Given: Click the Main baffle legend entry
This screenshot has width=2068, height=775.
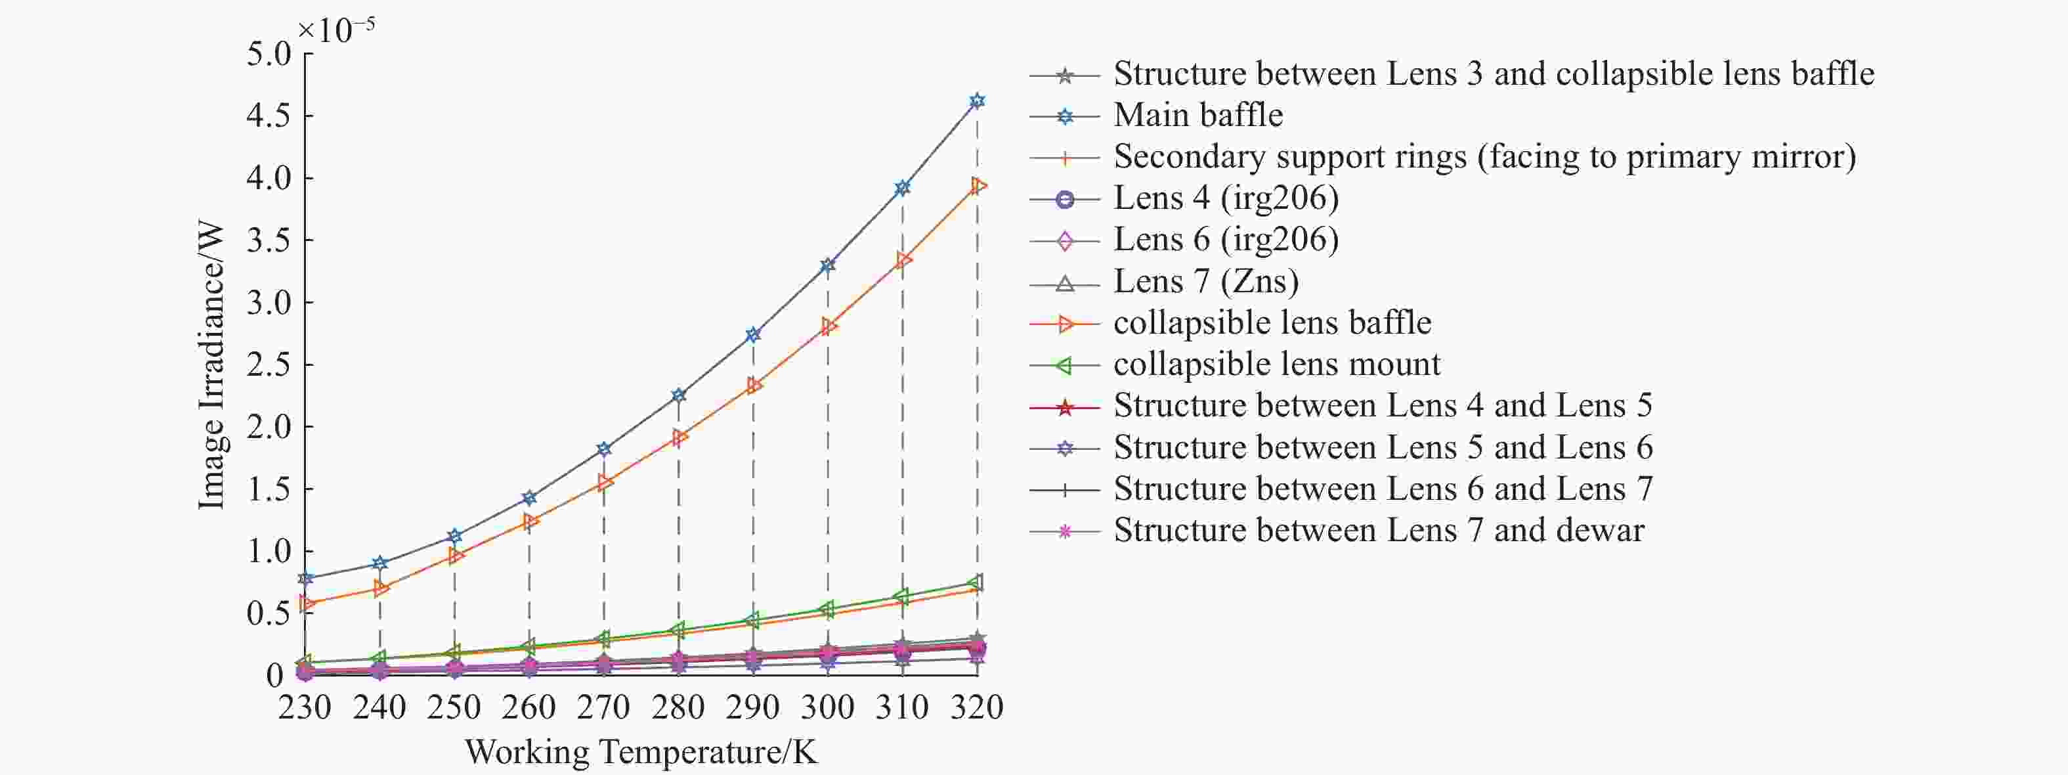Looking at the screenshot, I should (1197, 116).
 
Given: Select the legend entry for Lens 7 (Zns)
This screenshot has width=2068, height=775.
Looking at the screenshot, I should (1206, 282).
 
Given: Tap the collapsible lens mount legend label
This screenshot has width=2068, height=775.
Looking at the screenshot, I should (1276, 365).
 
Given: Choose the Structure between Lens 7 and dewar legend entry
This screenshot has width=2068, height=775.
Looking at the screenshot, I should (1379, 531).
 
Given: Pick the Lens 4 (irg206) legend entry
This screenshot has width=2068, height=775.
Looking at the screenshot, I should (1226, 198).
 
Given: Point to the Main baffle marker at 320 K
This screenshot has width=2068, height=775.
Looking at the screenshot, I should (977, 101).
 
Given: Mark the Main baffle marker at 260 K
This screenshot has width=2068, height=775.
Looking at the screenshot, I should (529, 498).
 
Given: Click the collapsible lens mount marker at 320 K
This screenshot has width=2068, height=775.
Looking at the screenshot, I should (976, 583).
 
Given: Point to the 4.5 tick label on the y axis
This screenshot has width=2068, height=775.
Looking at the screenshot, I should (268, 116).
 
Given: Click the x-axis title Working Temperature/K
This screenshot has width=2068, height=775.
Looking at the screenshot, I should (641, 753).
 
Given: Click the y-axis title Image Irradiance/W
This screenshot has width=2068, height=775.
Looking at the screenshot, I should (211, 365).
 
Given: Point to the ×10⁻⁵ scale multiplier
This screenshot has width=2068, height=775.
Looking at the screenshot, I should (335, 30).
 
